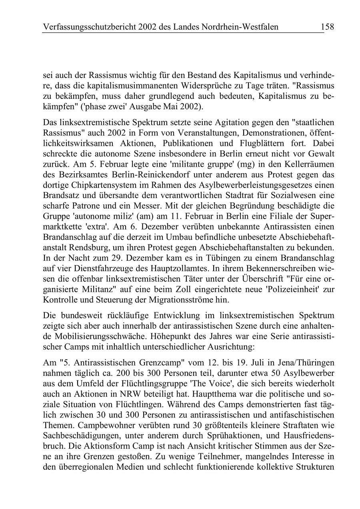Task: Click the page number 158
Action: [x=327, y=27]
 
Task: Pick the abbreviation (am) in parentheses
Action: [x=161, y=216]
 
